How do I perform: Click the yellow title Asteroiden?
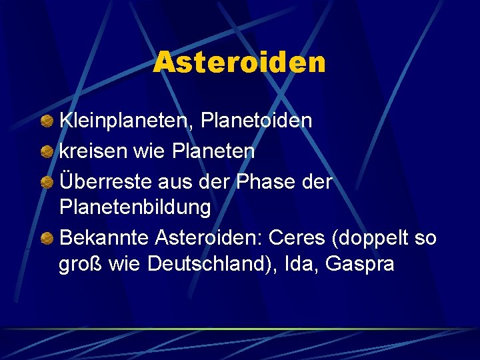pyautogui.click(x=239, y=63)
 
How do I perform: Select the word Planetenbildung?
pyautogui.click(x=135, y=207)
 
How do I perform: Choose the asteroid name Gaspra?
pyautogui.click(x=360, y=264)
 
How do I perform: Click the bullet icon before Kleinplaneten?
pyautogui.click(x=47, y=121)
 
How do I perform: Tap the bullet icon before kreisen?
pyautogui.click(x=47, y=152)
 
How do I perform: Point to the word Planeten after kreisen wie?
pyautogui.click(x=213, y=151)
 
